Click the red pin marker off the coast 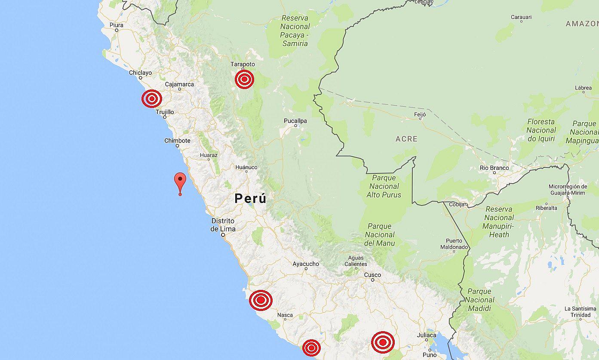pyautogui.click(x=180, y=181)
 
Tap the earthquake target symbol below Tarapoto pyautogui.click(x=244, y=80)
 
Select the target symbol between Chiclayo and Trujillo pyautogui.click(x=152, y=99)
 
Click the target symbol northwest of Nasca pyautogui.click(x=261, y=300)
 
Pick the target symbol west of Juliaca pyautogui.click(x=383, y=342)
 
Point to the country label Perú pyautogui.click(x=250, y=199)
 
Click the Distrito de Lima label pyautogui.click(x=223, y=225)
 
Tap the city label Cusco pyautogui.click(x=372, y=275)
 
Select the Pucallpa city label pyautogui.click(x=295, y=121)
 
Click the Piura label pyautogui.click(x=116, y=25)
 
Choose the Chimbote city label pyautogui.click(x=177, y=141)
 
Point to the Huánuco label pyautogui.click(x=246, y=167)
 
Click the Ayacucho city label pyautogui.click(x=306, y=264)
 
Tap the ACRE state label pyautogui.click(x=406, y=139)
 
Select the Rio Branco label pyautogui.click(x=494, y=168)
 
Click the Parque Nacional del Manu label pyautogui.click(x=380, y=235)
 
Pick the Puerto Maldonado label pyautogui.click(x=454, y=244)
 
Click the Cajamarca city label pyautogui.click(x=179, y=84)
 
